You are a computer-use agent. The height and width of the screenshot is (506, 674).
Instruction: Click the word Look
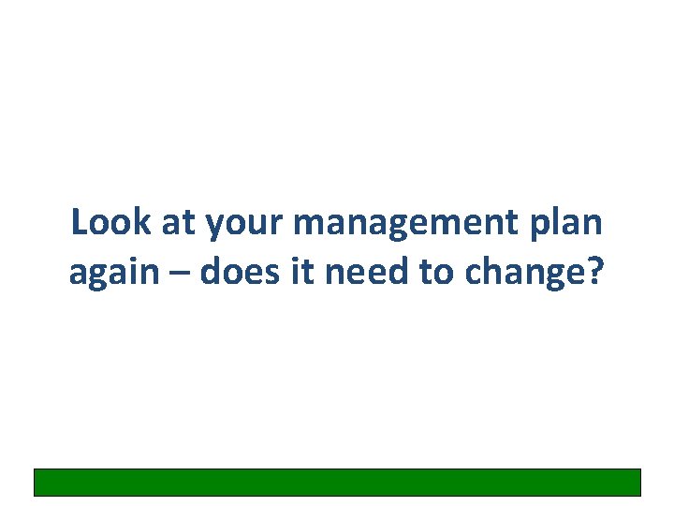point(104,223)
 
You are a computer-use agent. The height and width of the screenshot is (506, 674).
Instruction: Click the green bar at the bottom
point(337,482)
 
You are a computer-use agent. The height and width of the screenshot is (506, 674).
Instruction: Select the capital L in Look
point(78,223)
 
